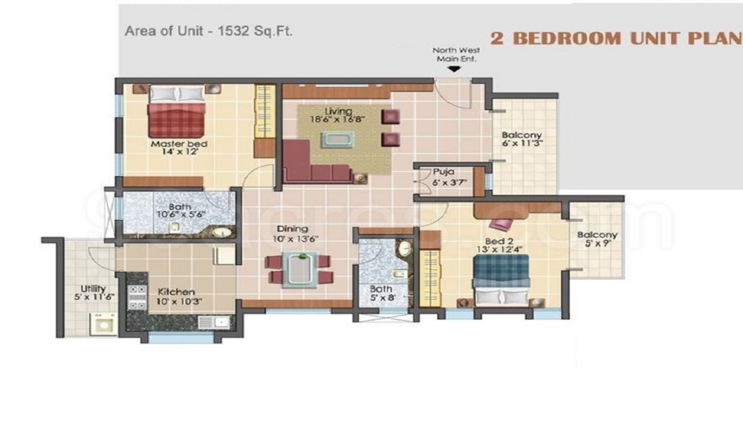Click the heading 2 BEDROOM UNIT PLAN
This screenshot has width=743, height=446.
616,39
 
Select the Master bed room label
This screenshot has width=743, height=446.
178,143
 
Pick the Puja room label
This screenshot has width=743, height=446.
444,170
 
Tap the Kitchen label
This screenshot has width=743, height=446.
176,292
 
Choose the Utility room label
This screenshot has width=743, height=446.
94,289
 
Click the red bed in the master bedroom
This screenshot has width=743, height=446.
176,113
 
